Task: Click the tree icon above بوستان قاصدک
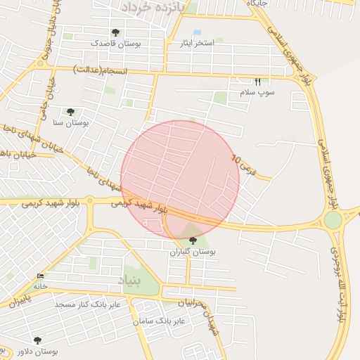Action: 115,32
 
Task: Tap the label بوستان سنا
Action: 69,122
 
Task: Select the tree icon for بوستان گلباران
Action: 193,240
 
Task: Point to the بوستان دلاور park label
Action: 37,350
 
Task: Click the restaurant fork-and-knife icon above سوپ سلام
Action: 257,81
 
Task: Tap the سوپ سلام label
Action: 257,92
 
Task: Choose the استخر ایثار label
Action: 196,44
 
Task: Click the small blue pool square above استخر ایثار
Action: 197,32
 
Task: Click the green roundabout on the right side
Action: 333,219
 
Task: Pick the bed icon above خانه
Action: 39,276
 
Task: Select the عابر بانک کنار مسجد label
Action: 91,304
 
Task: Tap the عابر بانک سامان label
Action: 159,321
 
